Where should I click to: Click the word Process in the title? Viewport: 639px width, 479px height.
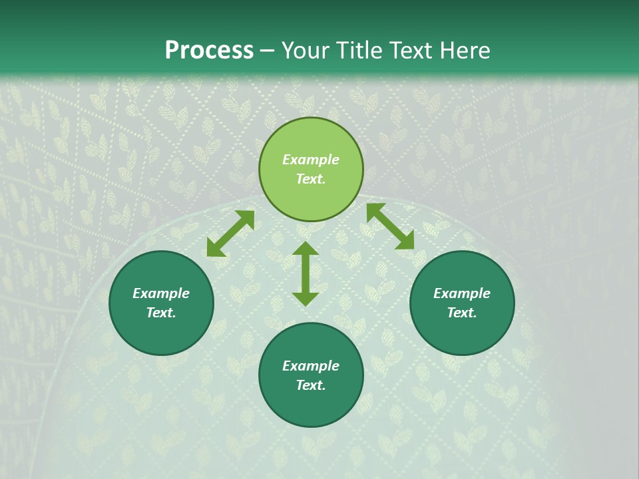point(209,51)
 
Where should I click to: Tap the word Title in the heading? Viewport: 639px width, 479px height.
point(361,51)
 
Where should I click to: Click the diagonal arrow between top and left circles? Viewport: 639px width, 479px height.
point(230,234)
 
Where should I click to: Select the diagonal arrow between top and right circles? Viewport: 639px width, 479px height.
point(390,226)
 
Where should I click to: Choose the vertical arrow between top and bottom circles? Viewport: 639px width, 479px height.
point(306,273)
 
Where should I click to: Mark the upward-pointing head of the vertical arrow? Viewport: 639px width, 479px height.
point(306,249)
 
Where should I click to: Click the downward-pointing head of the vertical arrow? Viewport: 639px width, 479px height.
point(306,298)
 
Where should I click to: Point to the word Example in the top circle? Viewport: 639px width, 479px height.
point(311,160)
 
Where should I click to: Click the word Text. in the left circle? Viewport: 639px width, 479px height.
point(161,313)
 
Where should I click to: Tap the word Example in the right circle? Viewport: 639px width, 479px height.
point(462,293)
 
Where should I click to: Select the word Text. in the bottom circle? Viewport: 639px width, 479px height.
point(311,385)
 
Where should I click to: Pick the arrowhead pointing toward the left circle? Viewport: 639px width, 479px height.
point(215,248)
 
